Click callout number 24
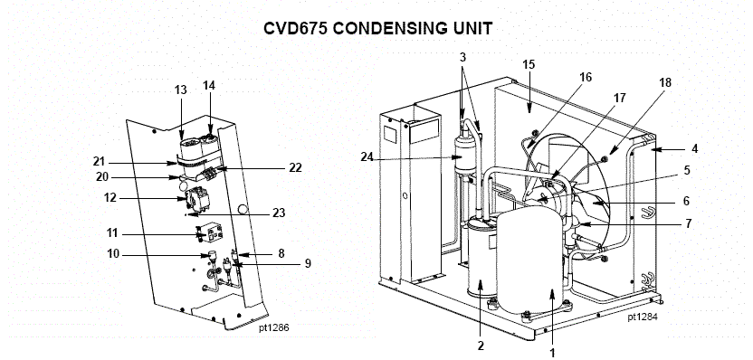[367, 156]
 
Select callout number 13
[181, 90]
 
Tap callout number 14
[209, 85]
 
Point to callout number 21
[100, 161]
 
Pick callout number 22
[295, 167]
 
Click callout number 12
[110, 198]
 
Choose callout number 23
[279, 213]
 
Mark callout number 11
[112, 233]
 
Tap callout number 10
[113, 253]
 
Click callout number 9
[308, 263]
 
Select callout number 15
[529, 64]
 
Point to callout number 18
[665, 82]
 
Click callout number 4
[694, 149]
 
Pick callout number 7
[689, 223]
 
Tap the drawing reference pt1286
[274, 327]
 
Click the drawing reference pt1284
[643, 317]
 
